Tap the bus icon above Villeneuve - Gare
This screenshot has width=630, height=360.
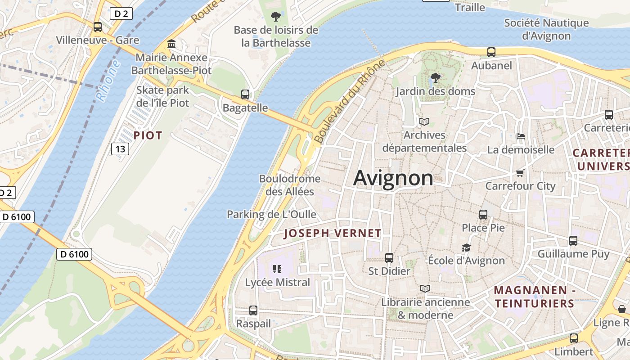point(98,27)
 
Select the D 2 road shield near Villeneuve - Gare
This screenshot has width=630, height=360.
point(121,14)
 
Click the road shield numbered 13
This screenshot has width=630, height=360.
point(120,149)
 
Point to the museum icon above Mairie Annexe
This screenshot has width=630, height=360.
point(171,44)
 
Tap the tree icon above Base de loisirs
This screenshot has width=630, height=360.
point(276,17)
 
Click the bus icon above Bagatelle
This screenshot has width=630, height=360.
point(245,94)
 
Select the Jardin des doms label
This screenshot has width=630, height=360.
point(435,91)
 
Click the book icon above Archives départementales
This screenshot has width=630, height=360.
point(424,121)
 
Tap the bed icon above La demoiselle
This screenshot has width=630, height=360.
point(521,136)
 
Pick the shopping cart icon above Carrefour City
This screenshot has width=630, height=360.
point(520,173)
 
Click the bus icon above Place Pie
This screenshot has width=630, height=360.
point(483,215)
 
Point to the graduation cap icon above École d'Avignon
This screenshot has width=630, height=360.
point(466,247)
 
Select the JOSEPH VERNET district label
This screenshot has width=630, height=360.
point(333,233)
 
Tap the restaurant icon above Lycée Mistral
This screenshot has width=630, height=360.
point(277,269)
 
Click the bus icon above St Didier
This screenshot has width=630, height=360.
point(389,258)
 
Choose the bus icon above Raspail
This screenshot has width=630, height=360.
point(253,310)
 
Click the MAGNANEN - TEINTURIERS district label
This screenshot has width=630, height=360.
point(534,297)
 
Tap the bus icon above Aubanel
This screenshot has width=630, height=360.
point(491,52)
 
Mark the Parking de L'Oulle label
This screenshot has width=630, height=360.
point(271,214)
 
